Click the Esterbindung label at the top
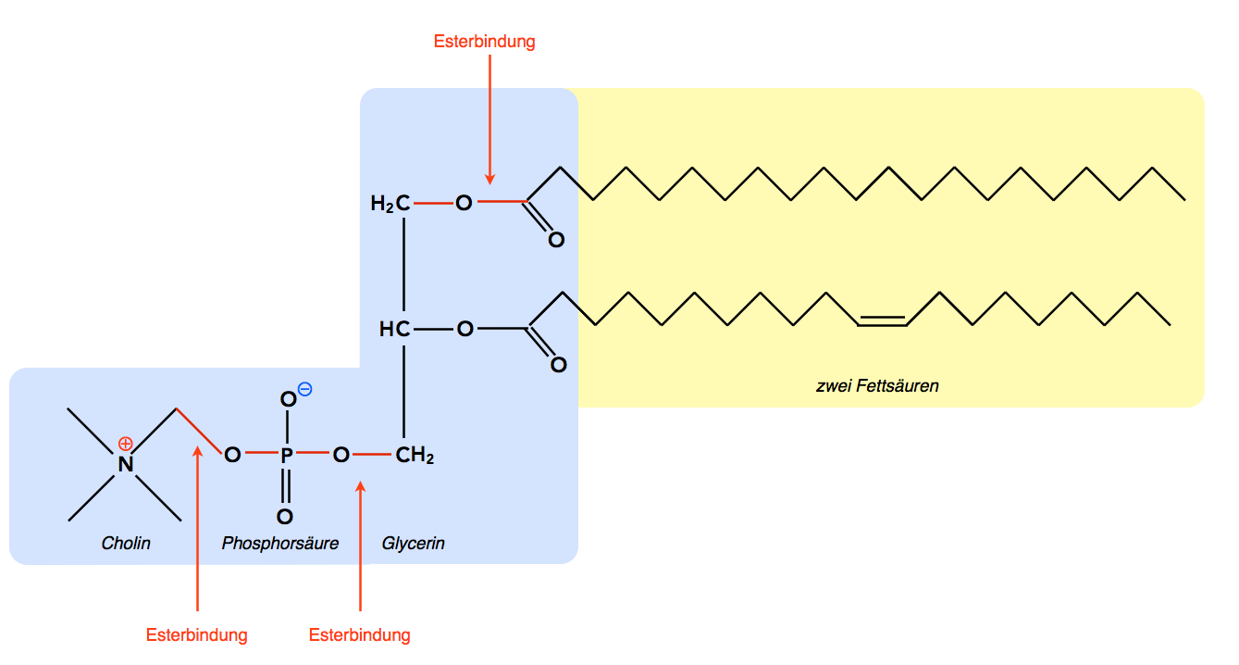click(x=484, y=42)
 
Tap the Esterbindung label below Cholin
click(x=197, y=635)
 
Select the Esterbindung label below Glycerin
click(x=359, y=635)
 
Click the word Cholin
click(x=126, y=544)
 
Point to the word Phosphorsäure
click(x=279, y=544)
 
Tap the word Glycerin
click(x=414, y=544)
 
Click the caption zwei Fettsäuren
click(x=877, y=385)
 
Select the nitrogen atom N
click(x=125, y=463)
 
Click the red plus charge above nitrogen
click(x=126, y=443)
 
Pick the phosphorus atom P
click(x=286, y=455)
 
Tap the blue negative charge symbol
click(x=305, y=390)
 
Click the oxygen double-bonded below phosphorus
click(x=285, y=517)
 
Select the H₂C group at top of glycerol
click(x=390, y=204)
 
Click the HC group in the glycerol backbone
click(x=394, y=329)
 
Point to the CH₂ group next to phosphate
click(x=415, y=455)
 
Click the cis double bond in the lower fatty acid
click(x=882, y=320)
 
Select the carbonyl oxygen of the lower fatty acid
click(x=558, y=365)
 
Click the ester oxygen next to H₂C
click(x=464, y=203)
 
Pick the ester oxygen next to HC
click(x=465, y=328)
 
